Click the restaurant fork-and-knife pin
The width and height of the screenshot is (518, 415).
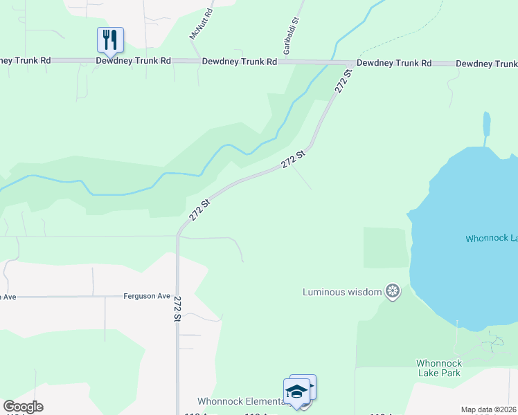click(110, 39)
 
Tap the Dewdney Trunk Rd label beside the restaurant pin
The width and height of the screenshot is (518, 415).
click(134, 61)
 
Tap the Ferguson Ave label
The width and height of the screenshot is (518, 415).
click(147, 296)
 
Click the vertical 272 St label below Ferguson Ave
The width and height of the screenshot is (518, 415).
click(177, 309)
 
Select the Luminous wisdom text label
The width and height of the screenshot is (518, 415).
click(342, 292)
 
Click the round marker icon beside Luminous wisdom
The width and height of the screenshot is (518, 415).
click(393, 291)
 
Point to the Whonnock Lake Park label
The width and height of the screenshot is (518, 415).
click(438, 368)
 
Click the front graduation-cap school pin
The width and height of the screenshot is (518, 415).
click(296, 391)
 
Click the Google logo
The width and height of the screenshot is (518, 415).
click(23, 407)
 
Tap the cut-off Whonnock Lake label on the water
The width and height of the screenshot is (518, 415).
click(491, 238)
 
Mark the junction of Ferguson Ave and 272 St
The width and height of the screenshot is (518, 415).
click(177, 296)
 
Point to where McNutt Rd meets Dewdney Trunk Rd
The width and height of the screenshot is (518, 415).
click(200, 61)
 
